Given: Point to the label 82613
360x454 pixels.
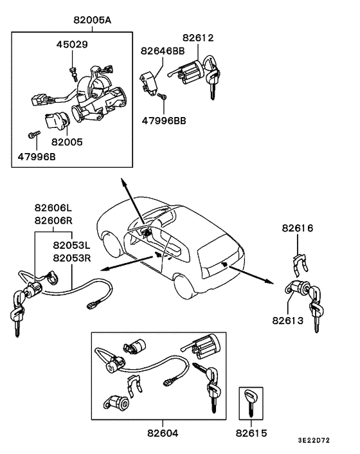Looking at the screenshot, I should pos(288,320).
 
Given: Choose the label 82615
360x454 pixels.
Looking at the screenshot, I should pos(251,435).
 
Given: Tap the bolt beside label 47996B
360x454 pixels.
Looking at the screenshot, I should pos(33,135).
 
